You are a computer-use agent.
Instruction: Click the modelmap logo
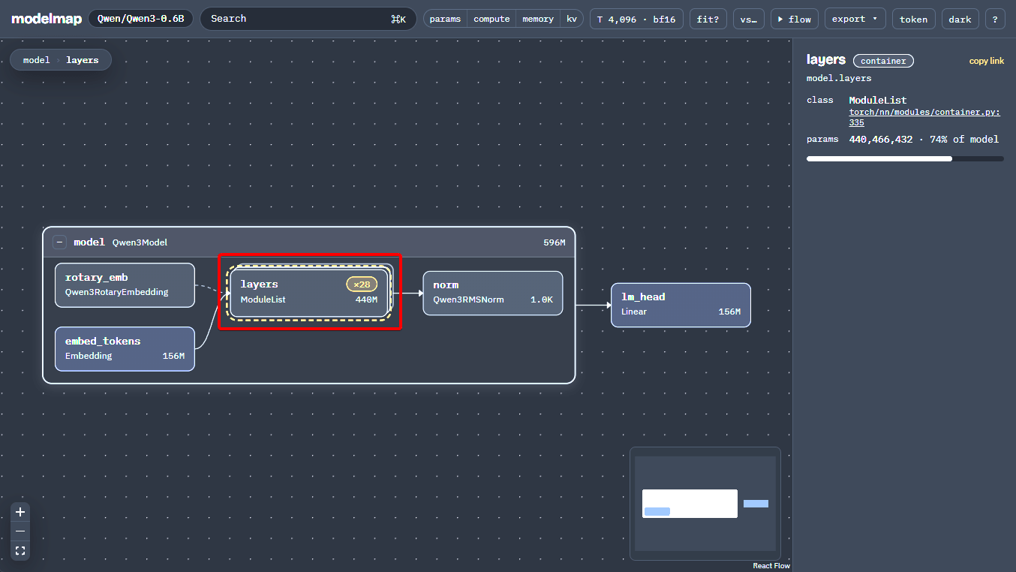click(47, 19)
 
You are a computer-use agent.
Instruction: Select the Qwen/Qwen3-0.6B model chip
click(140, 19)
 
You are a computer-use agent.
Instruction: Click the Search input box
click(308, 19)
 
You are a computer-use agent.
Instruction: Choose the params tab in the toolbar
click(445, 19)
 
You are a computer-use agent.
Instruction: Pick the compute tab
click(491, 19)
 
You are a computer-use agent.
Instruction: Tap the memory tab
click(538, 19)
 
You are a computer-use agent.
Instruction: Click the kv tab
click(572, 19)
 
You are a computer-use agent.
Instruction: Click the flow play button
click(794, 19)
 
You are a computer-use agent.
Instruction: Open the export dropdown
click(855, 19)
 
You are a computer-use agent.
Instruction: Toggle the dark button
click(960, 19)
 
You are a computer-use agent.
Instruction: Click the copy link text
click(987, 61)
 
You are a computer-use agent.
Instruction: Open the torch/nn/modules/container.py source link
click(924, 117)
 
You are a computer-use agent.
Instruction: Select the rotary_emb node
click(125, 284)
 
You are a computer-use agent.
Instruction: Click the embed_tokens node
click(125, 348)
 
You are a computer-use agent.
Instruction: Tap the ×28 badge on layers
click(362, 284)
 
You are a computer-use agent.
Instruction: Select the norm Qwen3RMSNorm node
click(492, 293)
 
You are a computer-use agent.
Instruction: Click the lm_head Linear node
click(681, 305)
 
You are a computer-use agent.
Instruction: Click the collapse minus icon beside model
click(59, 242)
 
